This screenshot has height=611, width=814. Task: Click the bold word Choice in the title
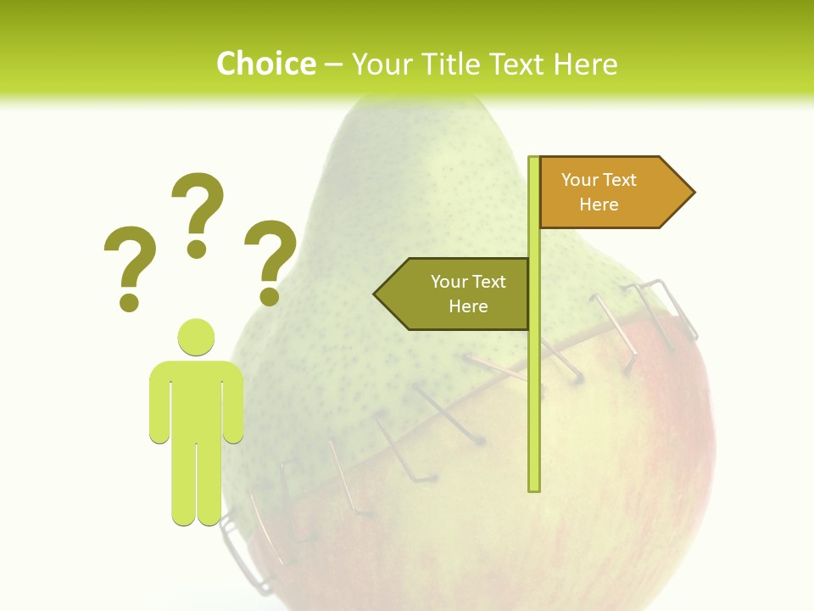[265, 64]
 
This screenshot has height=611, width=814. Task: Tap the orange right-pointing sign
[610, 192]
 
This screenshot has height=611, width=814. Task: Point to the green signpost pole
[534, 382]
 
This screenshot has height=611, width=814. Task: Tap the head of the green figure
[197, 336]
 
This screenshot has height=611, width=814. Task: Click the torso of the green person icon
[197, 399]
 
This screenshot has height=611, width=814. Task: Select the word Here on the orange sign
[599, 205]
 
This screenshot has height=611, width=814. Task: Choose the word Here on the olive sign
[468, 306]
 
